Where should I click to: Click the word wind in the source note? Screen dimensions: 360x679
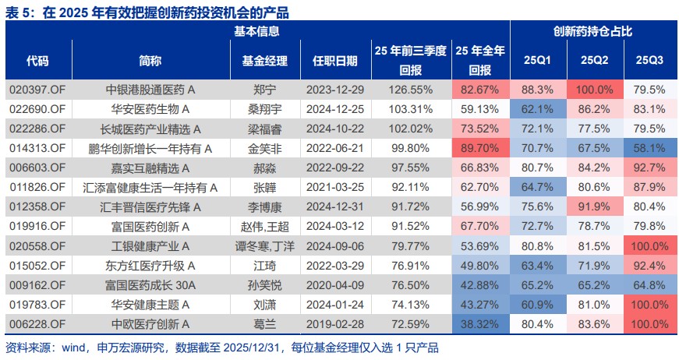point(73,348)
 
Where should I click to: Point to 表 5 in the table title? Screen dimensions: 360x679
point(19,11)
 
